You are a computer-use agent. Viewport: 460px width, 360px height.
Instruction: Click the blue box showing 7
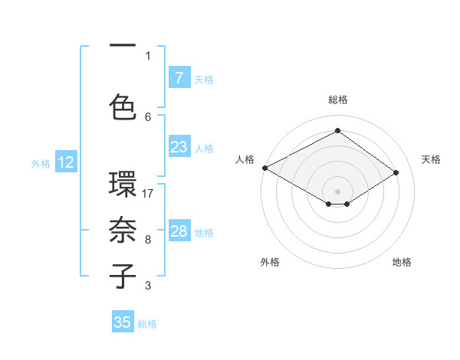click(179, 77)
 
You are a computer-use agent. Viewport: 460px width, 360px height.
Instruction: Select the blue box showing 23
click(179, 147)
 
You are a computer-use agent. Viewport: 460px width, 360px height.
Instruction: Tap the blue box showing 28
click(179, 231)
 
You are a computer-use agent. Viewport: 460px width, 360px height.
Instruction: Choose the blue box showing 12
click(65, 162)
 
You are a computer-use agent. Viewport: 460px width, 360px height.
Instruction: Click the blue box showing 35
click(123, 322)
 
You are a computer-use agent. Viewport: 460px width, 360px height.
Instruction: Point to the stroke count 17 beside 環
click(149, 194)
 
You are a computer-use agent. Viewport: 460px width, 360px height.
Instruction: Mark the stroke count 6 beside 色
click(148, 116)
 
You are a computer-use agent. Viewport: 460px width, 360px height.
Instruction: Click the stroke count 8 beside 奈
click(148, 240)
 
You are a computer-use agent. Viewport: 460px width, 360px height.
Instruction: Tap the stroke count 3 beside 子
click(148, 286)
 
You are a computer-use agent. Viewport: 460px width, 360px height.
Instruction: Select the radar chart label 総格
click(337, 100)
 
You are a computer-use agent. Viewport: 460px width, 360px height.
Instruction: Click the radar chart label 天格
click(431, 159)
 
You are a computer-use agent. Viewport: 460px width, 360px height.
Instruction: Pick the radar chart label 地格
click(402, 262)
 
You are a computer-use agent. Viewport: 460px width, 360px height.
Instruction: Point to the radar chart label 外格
click(270, 262)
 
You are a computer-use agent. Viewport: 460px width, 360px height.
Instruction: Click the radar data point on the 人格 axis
click(264, 168)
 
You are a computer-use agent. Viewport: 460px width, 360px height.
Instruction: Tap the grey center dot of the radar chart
click(337, 191)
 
